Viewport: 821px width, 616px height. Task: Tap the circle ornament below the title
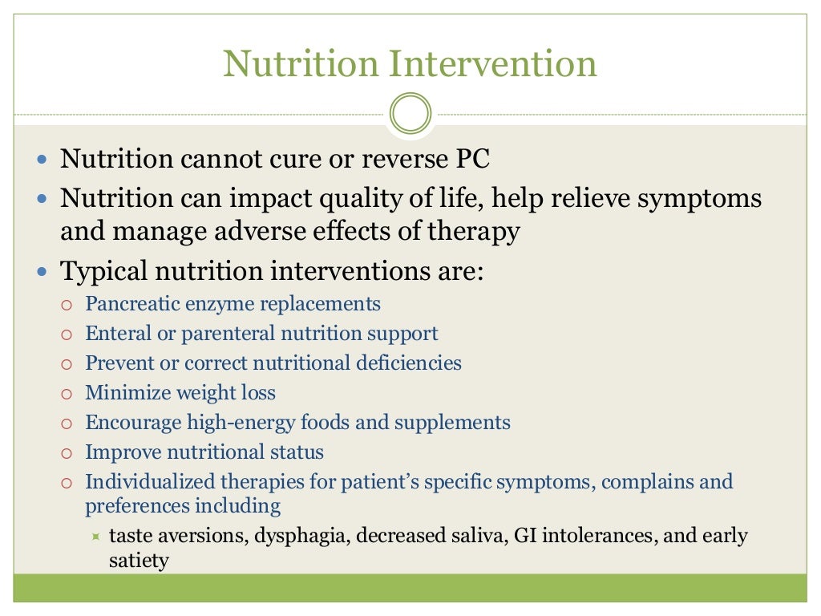[x=410, y=113]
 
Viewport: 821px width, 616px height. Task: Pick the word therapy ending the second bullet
[x=479, y=232]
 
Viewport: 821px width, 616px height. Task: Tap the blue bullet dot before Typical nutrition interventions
[x=43, y=272]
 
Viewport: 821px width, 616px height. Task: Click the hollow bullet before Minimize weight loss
[x=67, y=394]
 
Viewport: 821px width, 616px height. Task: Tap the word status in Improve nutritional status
[x=296, y=452]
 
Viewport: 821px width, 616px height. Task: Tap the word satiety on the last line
[x=139, y=560]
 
